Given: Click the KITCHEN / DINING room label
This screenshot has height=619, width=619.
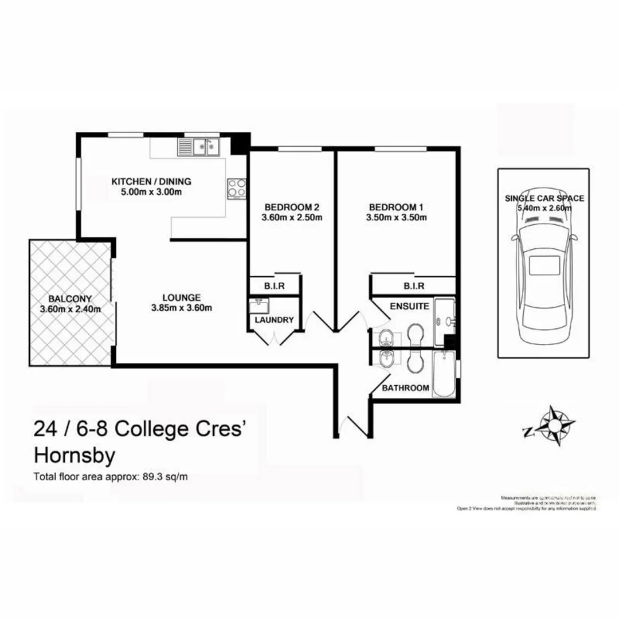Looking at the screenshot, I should pos(151,182).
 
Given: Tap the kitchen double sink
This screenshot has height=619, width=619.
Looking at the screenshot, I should pos(203,147).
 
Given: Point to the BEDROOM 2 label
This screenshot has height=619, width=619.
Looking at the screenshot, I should pos(292,206).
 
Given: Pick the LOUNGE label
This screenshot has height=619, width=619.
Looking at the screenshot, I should pos(181,297).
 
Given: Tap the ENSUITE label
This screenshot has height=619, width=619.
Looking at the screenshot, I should pos(409,306).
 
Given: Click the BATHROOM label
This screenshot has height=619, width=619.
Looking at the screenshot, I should pos(406,387).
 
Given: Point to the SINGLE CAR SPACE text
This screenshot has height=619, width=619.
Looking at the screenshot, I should pos(544,198).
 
